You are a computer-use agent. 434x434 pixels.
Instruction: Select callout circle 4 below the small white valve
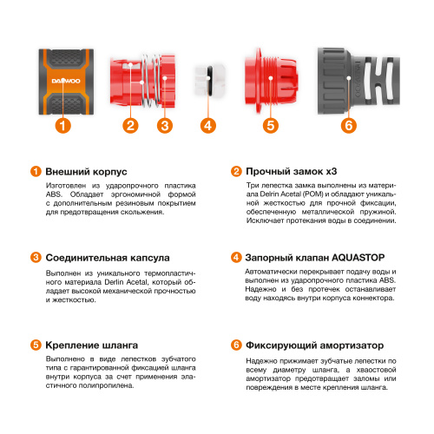pyautogui.click(x=207, y=125)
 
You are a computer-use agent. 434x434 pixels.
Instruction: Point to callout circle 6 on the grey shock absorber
pyautogui.click(x=348, y=125)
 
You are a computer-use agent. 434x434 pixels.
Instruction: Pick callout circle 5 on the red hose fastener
pyautogui.click(x=271, y=125)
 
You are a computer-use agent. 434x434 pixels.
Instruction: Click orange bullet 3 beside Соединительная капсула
pyautogui.click(x=35, y=258)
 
